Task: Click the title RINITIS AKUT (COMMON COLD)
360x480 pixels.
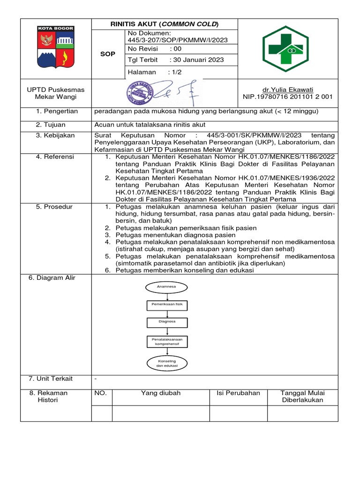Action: coord(165,24)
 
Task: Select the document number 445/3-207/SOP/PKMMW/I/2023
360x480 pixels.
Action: coord(178,40)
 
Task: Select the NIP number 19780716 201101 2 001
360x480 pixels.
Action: coord(288,97)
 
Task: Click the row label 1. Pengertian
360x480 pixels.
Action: coord(56,112)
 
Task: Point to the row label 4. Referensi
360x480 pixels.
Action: coord(55,157)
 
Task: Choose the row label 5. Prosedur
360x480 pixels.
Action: coord(55,207)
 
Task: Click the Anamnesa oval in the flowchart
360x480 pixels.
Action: coord(167,286)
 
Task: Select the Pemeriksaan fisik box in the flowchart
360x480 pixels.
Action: coord(167,305)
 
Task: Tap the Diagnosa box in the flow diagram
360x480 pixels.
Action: coord(167,322)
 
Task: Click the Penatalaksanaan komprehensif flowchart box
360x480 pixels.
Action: coord(167,341)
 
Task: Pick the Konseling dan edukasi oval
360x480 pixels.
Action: coord(167,363)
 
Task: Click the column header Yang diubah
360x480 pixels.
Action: coord(161,393)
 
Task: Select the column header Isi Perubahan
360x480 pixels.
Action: coord(238,393)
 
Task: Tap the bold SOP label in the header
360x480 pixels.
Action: coord(108,54)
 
